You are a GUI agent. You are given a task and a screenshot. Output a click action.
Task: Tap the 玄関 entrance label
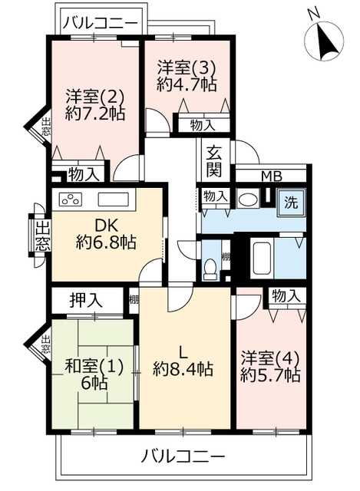pos(214,161)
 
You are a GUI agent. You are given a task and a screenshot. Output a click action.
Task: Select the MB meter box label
pos(272,176)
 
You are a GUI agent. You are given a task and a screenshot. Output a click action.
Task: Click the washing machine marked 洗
pos(291,203)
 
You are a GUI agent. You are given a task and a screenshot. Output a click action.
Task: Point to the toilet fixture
pos(210,268)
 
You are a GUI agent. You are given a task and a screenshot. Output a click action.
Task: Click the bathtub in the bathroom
pos(262,258)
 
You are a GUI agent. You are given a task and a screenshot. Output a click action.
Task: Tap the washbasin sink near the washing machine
pos(247,199)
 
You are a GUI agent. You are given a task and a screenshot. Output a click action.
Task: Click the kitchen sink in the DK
pos(114,199)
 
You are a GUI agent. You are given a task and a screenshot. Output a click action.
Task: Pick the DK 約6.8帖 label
pos(106,233)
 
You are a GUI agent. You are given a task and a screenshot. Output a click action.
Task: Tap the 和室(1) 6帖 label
pos(94,374)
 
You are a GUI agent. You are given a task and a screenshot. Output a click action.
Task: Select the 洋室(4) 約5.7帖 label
pos(270,367)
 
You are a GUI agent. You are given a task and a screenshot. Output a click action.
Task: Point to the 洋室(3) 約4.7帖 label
pos(187,75)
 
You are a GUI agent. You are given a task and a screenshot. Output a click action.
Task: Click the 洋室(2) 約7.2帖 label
pos(95,105)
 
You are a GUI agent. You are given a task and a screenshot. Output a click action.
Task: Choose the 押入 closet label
pos(85,300)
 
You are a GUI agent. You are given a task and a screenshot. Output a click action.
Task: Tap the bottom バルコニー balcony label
pos(183,456)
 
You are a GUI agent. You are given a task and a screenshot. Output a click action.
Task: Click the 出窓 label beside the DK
pos(43,236)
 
